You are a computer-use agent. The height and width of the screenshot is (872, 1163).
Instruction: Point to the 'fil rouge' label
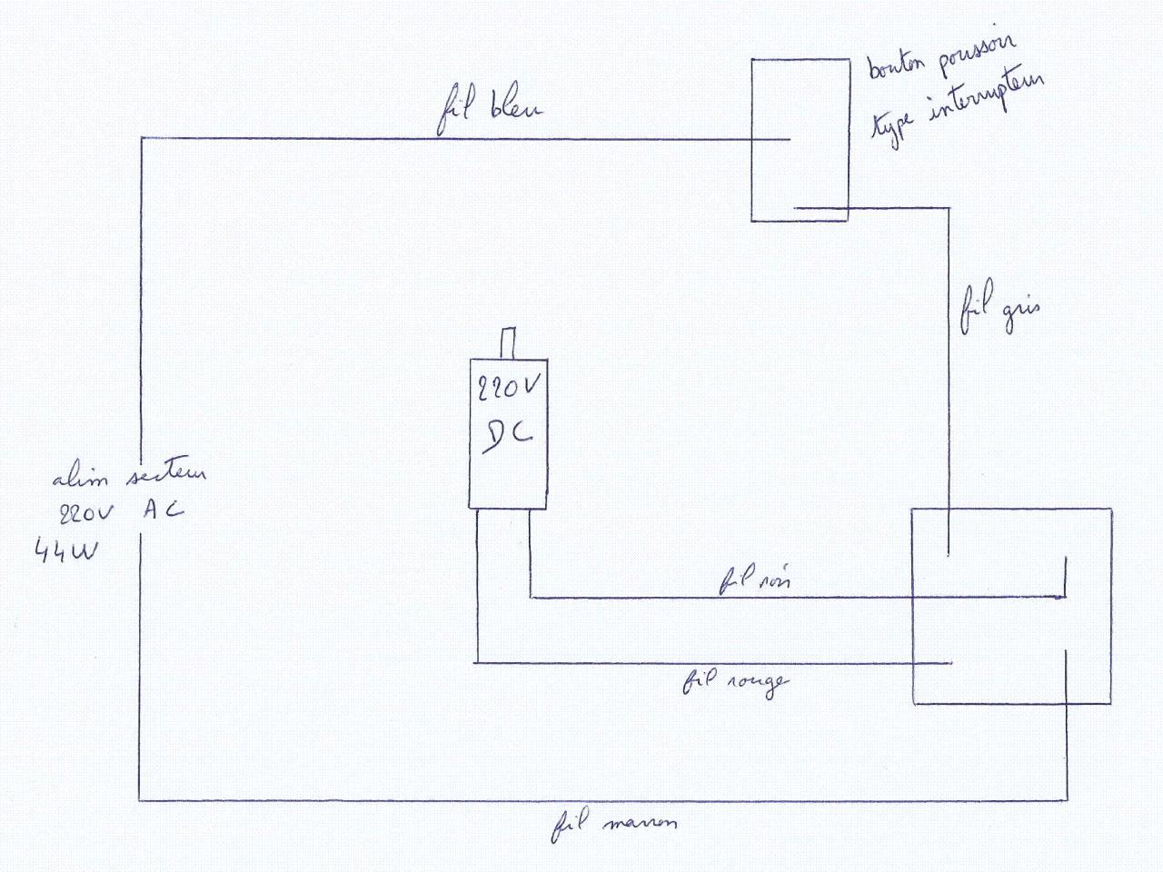[x=735, y=681]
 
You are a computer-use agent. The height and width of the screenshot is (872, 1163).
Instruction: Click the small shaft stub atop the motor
[x=509, y=343]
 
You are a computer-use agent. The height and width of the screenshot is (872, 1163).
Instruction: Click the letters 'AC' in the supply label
[x=164, y=510]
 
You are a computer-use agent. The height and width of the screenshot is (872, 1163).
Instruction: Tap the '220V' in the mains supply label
[x=85, y=513]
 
